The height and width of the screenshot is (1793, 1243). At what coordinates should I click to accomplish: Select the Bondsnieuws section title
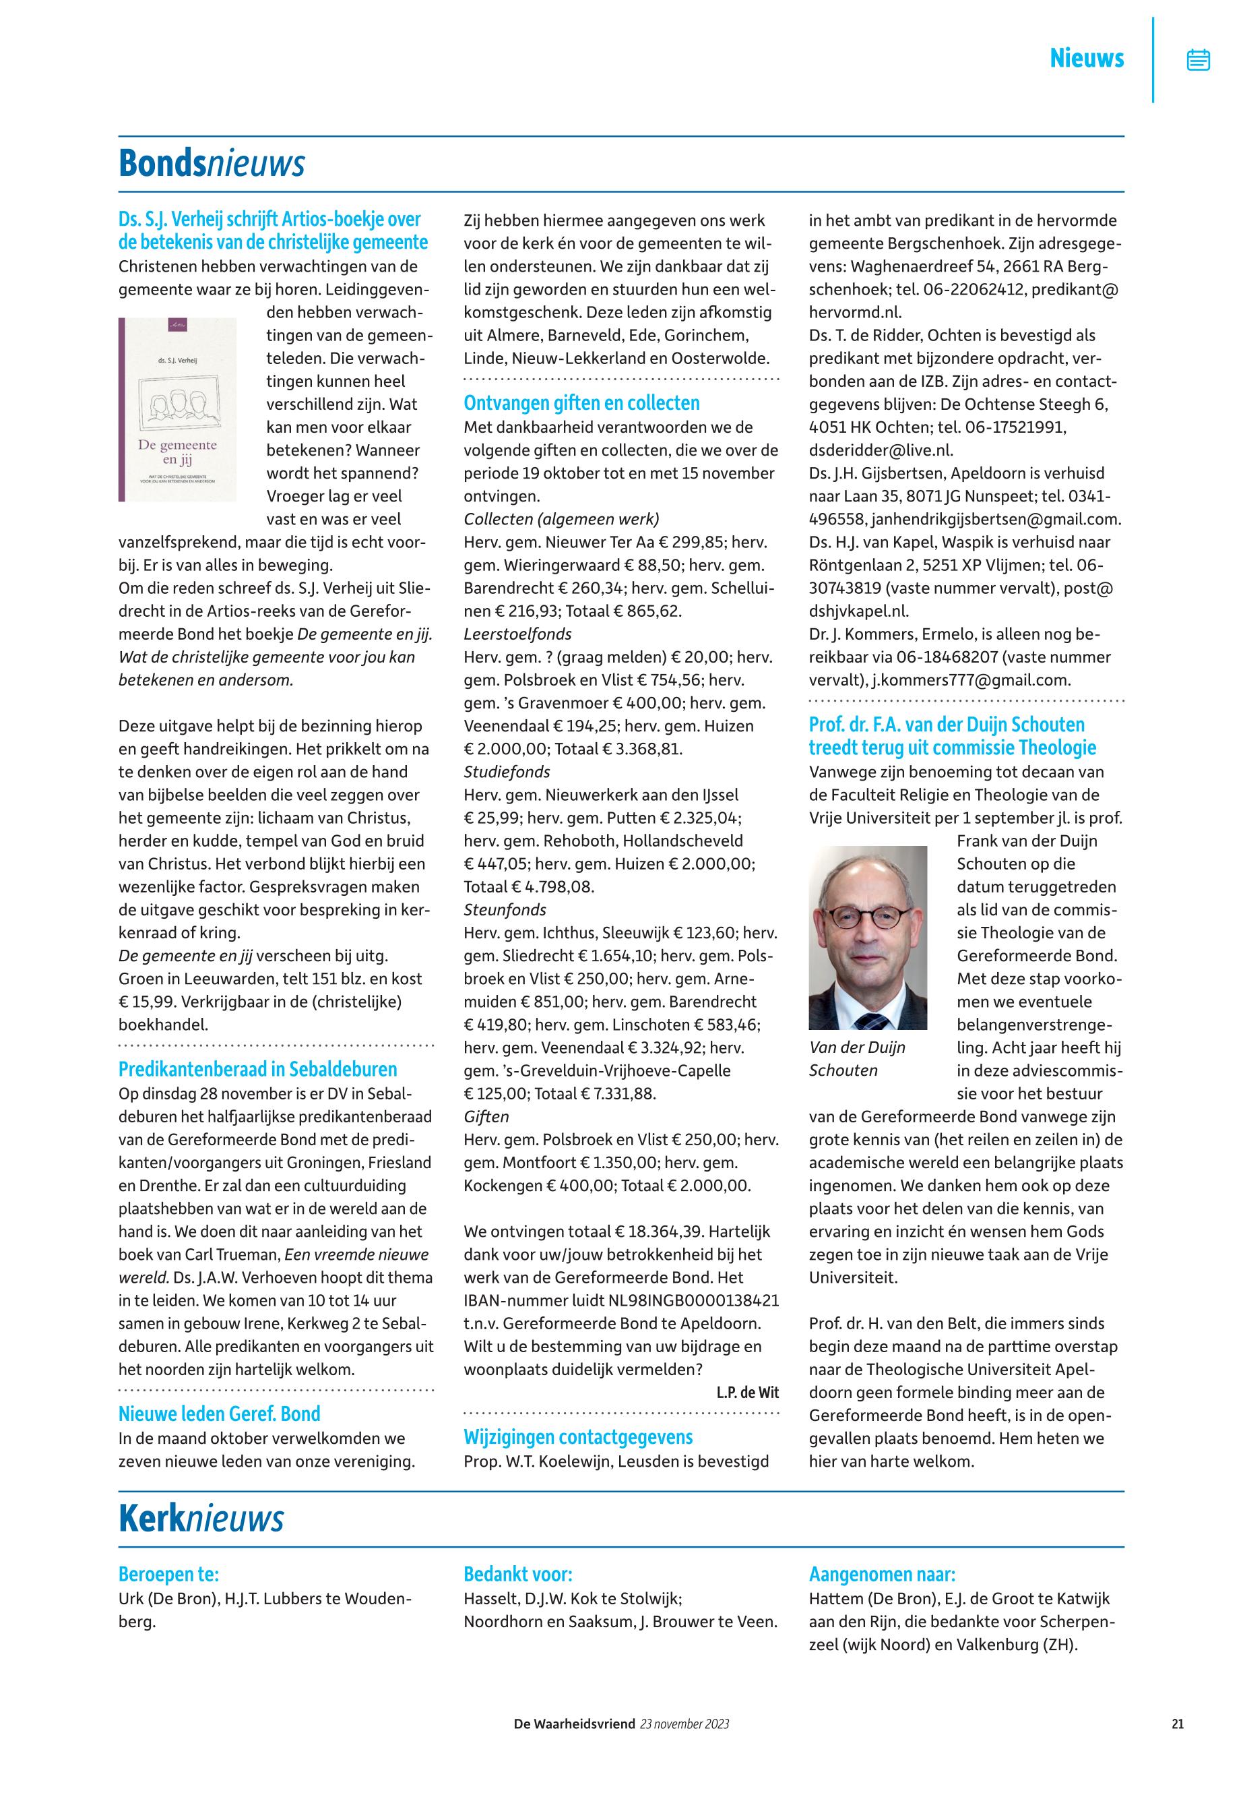point(211,164)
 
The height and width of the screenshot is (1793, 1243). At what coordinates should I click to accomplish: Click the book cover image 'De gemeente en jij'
point(178,409)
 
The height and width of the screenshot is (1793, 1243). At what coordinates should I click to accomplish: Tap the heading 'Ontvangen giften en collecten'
point(581,403)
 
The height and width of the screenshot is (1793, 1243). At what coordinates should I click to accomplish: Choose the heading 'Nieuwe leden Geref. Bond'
point(219,1414)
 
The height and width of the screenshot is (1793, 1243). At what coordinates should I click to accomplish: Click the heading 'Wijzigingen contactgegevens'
point(578,1437)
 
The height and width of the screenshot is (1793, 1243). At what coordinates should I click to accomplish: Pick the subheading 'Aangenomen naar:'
point(882,1574)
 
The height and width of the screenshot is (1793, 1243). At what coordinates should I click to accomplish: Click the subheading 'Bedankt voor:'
point(518,1574)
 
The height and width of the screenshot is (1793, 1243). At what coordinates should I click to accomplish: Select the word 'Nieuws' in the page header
point(1087,59)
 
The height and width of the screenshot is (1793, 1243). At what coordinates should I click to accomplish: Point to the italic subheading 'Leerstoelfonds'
point(517,634)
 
